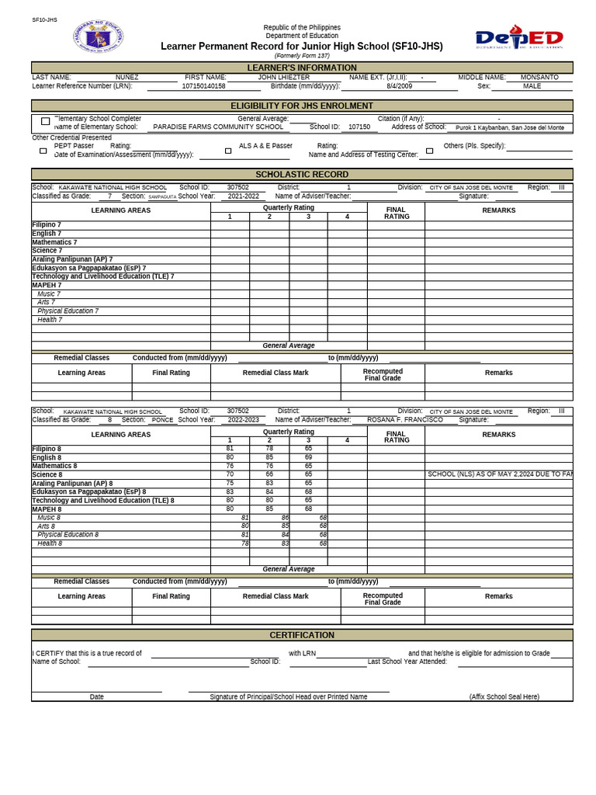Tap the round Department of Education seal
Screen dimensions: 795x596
coord(98,37)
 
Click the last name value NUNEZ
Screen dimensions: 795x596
coord(127,78)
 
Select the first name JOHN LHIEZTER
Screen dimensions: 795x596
coord(283,78)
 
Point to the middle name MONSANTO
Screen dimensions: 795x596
coord(539,78)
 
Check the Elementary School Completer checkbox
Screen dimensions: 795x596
coord(45,121)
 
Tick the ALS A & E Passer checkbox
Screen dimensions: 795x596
coord(228,151)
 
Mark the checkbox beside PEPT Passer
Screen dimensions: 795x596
coord(43,151)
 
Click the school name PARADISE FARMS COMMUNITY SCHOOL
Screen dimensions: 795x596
coord(218,127)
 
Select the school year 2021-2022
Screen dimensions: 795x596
coord(243,196)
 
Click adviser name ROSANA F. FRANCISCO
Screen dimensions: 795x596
coord(405,420)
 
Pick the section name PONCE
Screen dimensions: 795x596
coord(162,420)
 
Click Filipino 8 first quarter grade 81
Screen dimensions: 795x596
coord(230,449)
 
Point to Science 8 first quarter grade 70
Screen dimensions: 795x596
coord(230,474)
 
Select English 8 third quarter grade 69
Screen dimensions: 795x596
coord(308,457)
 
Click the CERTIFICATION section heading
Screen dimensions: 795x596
coord(302,635)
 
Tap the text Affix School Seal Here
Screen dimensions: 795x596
coord(504,696)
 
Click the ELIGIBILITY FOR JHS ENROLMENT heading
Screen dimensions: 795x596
coord(302,106)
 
